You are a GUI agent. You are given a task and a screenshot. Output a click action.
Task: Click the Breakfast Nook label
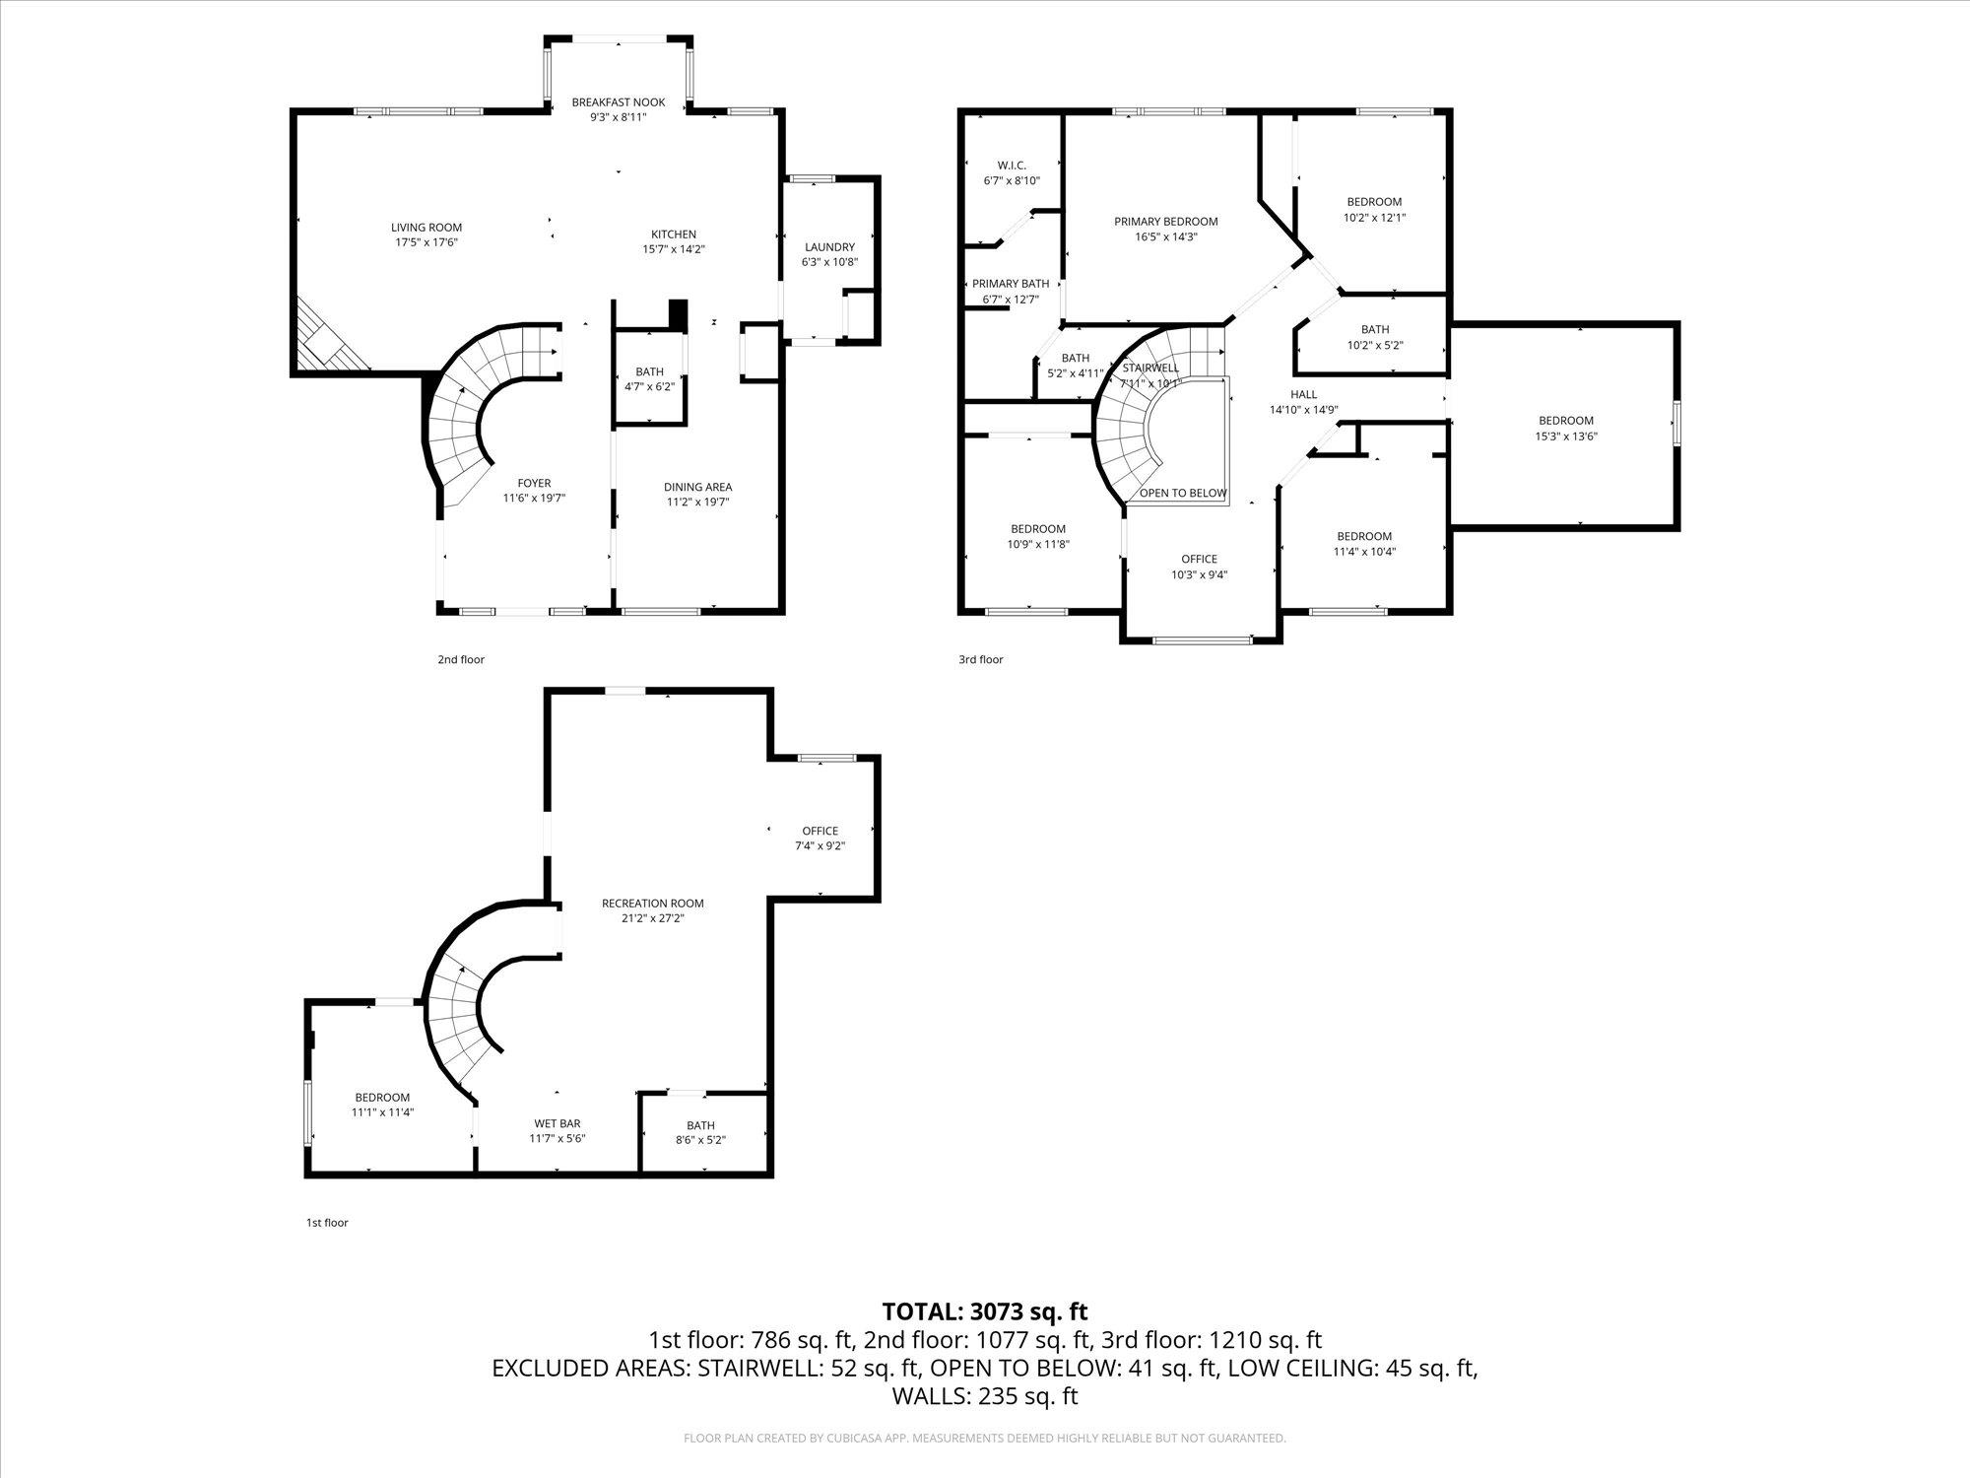[619, 102]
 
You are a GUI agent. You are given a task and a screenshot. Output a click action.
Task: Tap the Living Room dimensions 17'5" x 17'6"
[426, 242]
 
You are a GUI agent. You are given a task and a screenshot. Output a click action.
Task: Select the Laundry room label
[829, 247]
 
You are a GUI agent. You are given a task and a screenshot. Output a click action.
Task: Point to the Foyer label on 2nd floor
[534, 483]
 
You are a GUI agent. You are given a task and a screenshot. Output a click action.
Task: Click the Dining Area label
[697, 487]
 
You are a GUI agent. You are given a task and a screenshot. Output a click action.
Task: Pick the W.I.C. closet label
[1012, 166]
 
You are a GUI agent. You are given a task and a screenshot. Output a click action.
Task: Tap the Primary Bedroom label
[1166, 222]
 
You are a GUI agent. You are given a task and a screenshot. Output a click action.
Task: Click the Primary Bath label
[1011, 284]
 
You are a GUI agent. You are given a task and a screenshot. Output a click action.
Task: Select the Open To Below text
[1183, 493]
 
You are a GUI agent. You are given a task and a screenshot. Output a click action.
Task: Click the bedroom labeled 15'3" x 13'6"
[1565, 429]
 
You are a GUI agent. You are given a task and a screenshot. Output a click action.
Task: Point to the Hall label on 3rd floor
[1303, 394]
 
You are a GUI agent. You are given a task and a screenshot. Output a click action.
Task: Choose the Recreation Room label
[653, 904]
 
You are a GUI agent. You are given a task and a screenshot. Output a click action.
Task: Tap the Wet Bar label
[558, 1123]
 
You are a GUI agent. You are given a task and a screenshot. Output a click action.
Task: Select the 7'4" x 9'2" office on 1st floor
[820, 839]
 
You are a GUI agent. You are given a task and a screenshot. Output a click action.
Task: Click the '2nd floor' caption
[461, 659]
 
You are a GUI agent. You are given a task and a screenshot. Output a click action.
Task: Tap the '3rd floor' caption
[980, 659]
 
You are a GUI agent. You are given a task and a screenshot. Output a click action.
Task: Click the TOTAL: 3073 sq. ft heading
[984, 1311]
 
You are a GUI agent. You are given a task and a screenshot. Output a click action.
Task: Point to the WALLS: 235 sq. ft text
[984, 1396]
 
